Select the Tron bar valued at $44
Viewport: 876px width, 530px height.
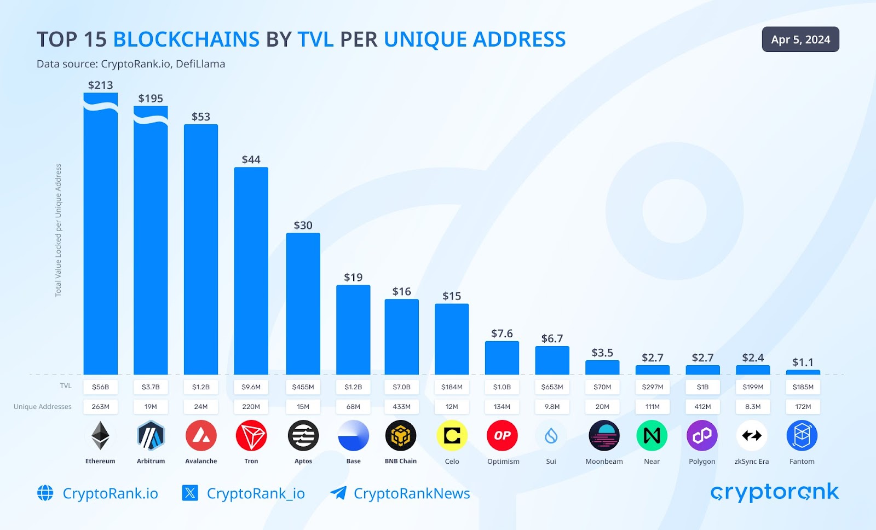pyautogui.click(x=251, y=271)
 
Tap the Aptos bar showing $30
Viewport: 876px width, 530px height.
pyautogui.click(x=303, y=304)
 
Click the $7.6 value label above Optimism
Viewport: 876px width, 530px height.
pyautogui.click(x=502, y=333)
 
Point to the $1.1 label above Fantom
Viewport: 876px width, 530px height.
pyautogui.click(x=803, y=362)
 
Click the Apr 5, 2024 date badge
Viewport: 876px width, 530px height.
pyautogui.click(x=800, y=39)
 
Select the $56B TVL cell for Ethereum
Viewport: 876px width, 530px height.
pyautogui.click(x=100, y=387)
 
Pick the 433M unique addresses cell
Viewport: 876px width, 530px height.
pyautogui.click(x=401, y=407)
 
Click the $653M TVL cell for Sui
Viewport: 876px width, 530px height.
pyautogui.click(x=552, y=387)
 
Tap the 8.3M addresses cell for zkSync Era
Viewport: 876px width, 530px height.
pyautogui.click(x=752, y=407)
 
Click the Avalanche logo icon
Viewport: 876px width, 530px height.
pyautogui.click(x=201, y=436)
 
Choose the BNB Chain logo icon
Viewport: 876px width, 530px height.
pyautogui.click(x=401, y=436)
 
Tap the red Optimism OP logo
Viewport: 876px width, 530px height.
pyautogui.click(x=502, y=436)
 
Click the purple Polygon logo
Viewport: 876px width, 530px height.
pyautogui.click(x=702, y=436)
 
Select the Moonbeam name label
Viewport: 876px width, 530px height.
pyautogui.click(x=604, y=462)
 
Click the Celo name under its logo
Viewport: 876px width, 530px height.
pyautogui.click(x=452, y=462)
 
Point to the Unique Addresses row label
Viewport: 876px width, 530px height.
pyautogui.click(x=43, y=407)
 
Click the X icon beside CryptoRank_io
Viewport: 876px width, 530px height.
pyautogui.click(x=190, y=493)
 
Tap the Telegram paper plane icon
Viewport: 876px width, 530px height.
pyautogui.click(x=338, y=493)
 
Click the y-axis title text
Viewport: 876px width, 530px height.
pyautogui.click(x=59, y=230)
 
